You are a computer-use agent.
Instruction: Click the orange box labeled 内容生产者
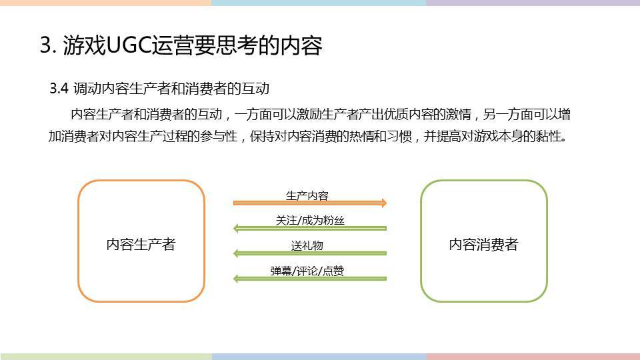point(79,241)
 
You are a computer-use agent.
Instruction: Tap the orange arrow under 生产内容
point(310,203)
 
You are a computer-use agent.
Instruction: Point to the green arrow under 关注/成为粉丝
point(310,228)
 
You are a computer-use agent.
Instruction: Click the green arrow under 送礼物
point(310,253)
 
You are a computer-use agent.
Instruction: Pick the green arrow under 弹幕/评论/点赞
point(310,279)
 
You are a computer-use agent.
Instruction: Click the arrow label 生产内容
point(307,195)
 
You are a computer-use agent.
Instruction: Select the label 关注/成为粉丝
point(310,221)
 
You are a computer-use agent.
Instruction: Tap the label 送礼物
point(307,245)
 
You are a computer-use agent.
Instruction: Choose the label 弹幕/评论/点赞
point(307,271)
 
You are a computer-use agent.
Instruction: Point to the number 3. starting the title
point(48,45)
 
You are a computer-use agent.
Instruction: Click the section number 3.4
point(59,89)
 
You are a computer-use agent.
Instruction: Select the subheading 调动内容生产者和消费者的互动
point(171,89)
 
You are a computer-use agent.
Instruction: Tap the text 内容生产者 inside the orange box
point(141,244)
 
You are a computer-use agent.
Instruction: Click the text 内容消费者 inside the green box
point(484,244)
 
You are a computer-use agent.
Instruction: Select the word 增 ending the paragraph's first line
point(564,114)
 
